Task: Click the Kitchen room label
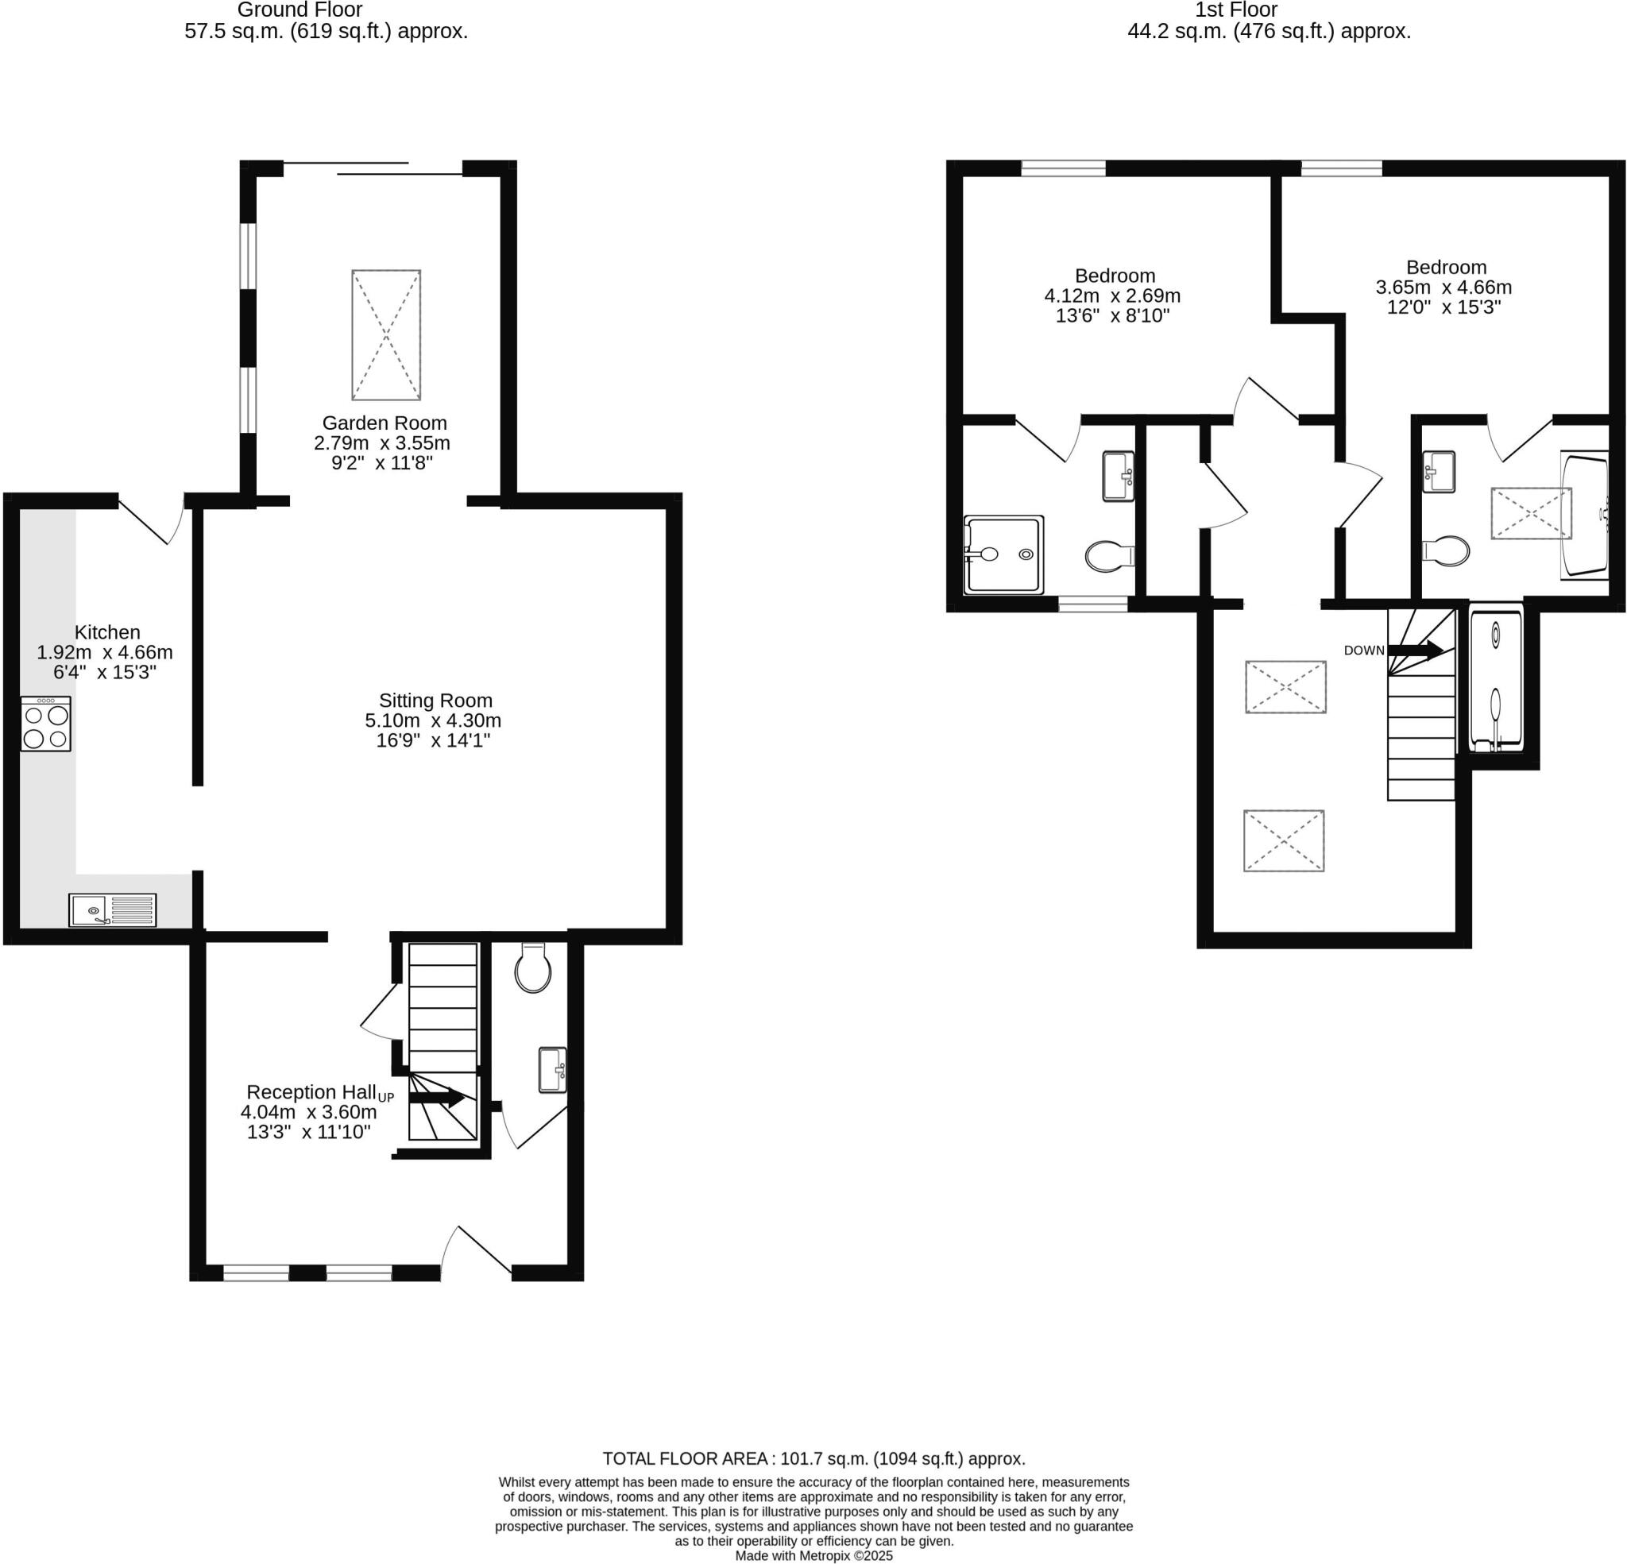(107, 631)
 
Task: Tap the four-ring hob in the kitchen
(45, 724)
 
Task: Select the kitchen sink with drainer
(112, 909)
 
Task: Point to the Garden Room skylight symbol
(386, 334)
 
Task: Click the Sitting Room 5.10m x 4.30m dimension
(432, 720)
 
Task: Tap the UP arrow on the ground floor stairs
(437, 1098)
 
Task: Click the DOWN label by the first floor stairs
(1364, 650)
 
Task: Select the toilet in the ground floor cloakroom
(532, 968)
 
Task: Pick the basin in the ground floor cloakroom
(552, 1070)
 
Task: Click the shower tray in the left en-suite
(1003, 554)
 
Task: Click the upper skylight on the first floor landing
(1285, 686)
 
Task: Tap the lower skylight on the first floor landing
(1283, 841)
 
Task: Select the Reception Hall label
(311, 1091)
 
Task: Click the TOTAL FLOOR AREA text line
(813, 1458)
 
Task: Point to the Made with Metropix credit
(813, 1556)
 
